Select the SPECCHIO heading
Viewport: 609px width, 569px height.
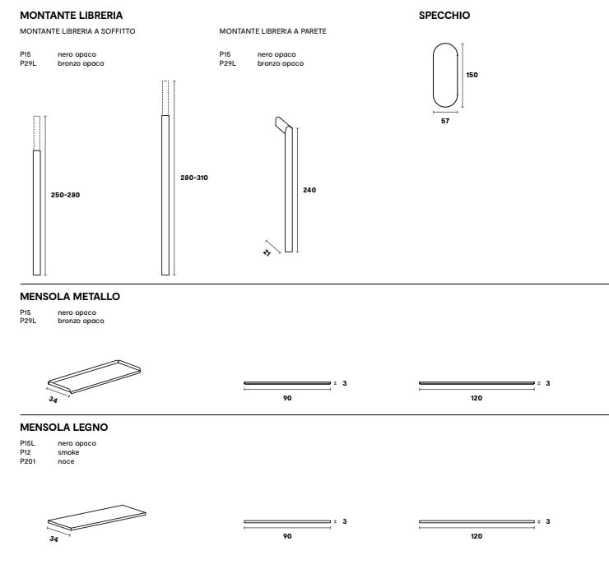444,15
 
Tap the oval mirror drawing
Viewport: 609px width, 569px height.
445,74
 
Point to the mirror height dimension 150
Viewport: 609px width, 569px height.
472,75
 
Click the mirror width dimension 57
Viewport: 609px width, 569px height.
445,121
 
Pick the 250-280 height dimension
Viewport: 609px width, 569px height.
65,195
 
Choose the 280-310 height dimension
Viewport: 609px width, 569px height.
194,178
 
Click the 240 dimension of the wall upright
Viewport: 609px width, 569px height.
309,190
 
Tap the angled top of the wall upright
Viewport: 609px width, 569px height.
281,124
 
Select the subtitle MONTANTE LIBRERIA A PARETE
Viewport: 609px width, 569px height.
272,31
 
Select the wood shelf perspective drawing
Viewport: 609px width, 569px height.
97,516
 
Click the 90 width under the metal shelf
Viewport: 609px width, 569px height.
288,398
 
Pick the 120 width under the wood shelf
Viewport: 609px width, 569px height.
477,536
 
